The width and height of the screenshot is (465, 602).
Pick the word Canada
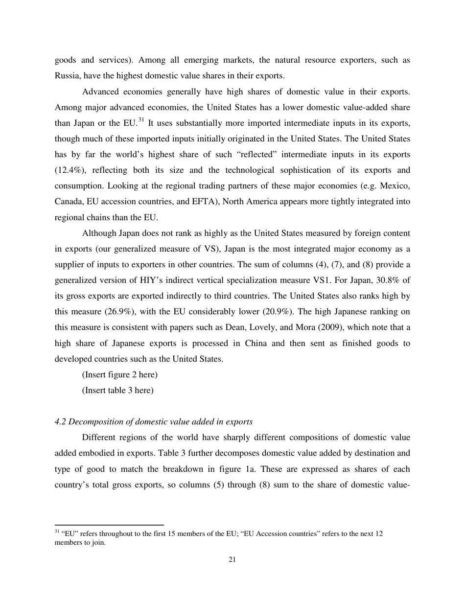click(x=69, y=201)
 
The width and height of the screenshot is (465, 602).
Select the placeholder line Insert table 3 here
click(x=117, y=391)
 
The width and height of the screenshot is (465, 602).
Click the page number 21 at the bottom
click(x=232, y=560)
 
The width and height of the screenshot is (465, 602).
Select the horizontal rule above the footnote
click(x=109, y=524)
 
